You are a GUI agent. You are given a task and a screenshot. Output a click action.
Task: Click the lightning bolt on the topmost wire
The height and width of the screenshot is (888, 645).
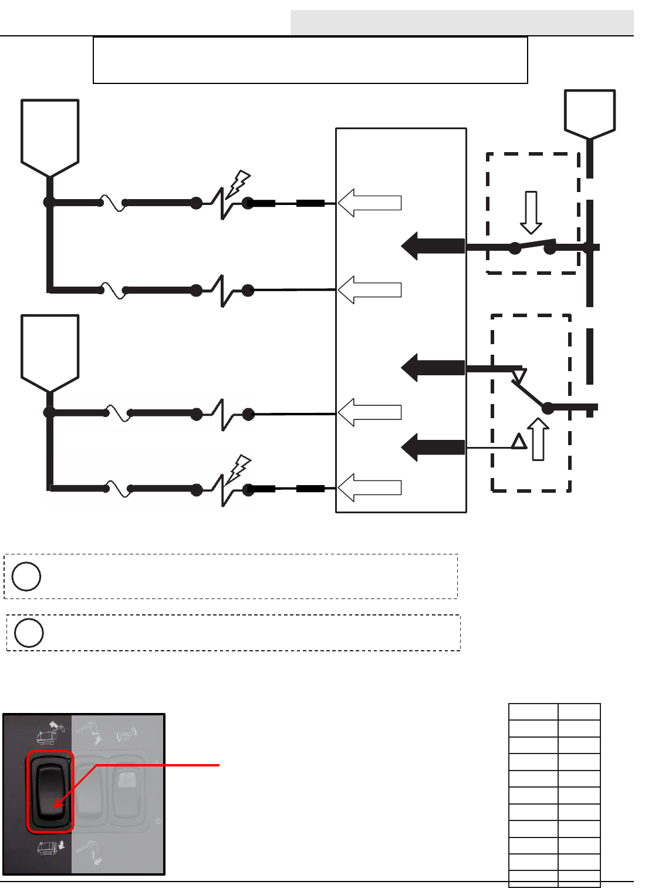coord(238,184)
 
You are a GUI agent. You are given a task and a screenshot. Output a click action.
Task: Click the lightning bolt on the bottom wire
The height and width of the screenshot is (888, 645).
coord(238,469)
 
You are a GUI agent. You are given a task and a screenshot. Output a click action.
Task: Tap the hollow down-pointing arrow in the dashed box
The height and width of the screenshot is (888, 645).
coord(531,212)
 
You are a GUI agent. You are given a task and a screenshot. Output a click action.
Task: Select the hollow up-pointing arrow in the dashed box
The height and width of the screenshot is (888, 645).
coord(538,439)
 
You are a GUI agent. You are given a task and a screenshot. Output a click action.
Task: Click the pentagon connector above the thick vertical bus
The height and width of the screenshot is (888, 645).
coord(590,114)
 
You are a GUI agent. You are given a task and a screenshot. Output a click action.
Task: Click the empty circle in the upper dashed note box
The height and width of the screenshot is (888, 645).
coord(26,576)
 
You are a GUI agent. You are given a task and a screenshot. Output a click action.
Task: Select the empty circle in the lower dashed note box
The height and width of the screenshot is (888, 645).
coord(29,633)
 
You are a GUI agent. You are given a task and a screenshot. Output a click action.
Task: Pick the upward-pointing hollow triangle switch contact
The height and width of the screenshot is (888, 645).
coord(519,441)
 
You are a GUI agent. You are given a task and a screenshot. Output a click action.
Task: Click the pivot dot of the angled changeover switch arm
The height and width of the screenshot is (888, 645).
coord(548,407)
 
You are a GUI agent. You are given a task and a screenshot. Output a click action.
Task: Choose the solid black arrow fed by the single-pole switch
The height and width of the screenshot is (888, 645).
coord(433,246)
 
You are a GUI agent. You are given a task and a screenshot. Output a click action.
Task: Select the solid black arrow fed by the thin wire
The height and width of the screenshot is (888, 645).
coord(433,448)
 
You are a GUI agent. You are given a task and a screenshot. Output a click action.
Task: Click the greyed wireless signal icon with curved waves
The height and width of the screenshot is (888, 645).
coord(126,734)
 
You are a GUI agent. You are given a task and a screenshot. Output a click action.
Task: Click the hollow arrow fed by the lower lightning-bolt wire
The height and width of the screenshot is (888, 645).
coord(370,487)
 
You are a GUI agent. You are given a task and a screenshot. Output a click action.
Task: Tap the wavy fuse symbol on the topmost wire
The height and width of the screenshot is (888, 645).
coord(113,203)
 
